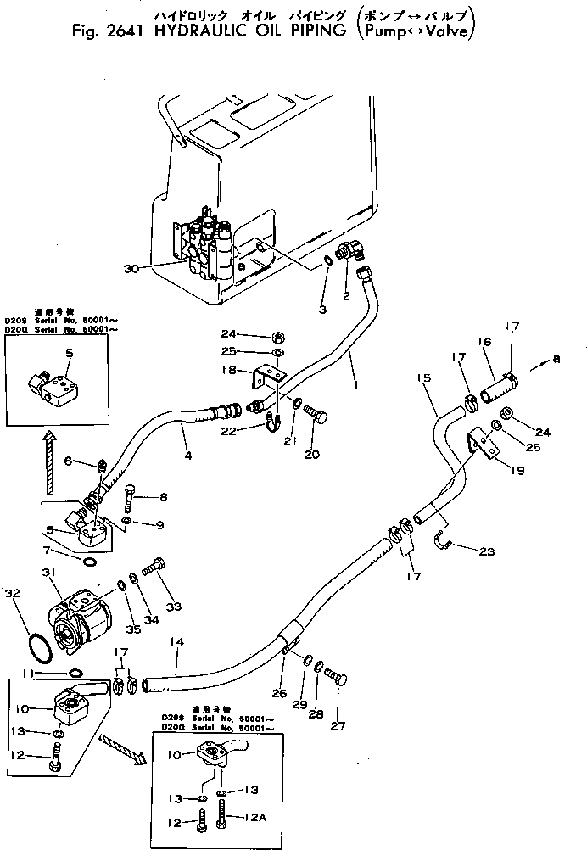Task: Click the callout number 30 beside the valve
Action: (x=131, y=269)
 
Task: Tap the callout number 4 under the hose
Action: (x=187, y=456)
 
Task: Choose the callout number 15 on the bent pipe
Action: (x=424, y=376)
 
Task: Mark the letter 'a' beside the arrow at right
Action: (x=556, y=361)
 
